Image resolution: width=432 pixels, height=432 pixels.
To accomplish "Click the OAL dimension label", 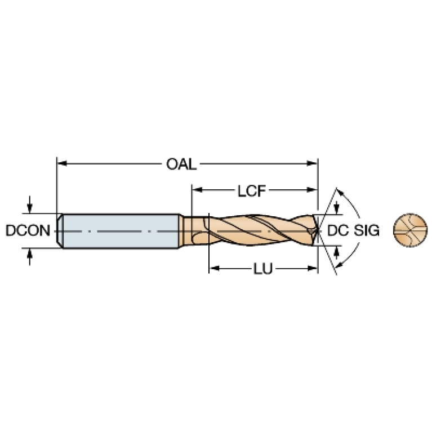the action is pos(181,164).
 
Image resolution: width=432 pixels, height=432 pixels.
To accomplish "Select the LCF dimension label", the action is pos(252,190).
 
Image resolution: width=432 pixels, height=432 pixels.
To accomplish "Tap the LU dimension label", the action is pos(263,269).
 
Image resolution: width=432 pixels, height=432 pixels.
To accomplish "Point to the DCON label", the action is pos(28,230).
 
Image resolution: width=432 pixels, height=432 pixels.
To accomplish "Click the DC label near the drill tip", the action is pos(338,230).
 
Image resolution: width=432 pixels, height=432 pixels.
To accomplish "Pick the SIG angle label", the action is pos(367,230).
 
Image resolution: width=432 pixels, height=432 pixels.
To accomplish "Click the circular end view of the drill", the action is pos(410,230).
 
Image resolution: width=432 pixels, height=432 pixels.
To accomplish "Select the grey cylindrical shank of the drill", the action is pos(121,231).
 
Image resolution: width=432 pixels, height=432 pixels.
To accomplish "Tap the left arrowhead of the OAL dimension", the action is pos(62,163).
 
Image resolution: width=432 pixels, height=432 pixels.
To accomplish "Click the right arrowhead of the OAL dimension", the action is pos(313,163).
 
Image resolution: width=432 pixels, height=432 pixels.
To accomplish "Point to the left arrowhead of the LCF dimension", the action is pos(197,190).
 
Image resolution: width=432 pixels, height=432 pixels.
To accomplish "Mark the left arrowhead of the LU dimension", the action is pos(215,268).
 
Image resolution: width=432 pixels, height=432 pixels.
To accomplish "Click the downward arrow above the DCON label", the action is pos(30,204).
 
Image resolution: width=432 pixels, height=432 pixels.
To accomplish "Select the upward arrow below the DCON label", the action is pos(30,257).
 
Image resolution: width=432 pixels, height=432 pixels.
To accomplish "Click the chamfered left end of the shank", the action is pos(60,231).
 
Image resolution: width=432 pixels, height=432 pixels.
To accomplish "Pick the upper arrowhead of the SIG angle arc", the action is pos(341,192).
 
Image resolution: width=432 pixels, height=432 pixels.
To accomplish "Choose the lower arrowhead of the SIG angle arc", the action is pos(340,265).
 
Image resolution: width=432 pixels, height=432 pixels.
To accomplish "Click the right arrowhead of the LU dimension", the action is pos(313,268).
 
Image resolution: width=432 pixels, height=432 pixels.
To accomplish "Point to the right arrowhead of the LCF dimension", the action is pos(313,190).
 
